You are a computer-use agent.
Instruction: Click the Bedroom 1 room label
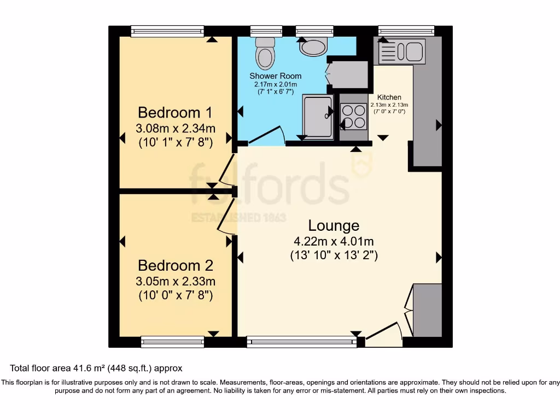[174, 113]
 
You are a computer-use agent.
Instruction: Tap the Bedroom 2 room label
[174, 266]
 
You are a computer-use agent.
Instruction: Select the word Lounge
[334, 225]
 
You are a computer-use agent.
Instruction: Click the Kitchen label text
[389, 97]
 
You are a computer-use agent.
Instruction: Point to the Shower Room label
[275, 76]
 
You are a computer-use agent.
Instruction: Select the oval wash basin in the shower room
[313, 47]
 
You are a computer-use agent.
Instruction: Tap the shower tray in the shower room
[318, 116]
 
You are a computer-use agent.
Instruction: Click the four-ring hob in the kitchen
[353, 116]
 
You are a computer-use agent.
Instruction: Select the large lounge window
[301, 342]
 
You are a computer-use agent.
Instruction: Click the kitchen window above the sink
[406, 31]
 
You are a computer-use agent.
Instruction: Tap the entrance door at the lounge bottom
[384, 335]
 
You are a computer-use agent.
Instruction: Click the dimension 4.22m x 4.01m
[334, 241]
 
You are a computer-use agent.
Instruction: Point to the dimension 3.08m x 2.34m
[174, 129]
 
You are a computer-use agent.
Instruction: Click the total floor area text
[96, 369]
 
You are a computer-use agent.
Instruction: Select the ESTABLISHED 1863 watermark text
[238, 218]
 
